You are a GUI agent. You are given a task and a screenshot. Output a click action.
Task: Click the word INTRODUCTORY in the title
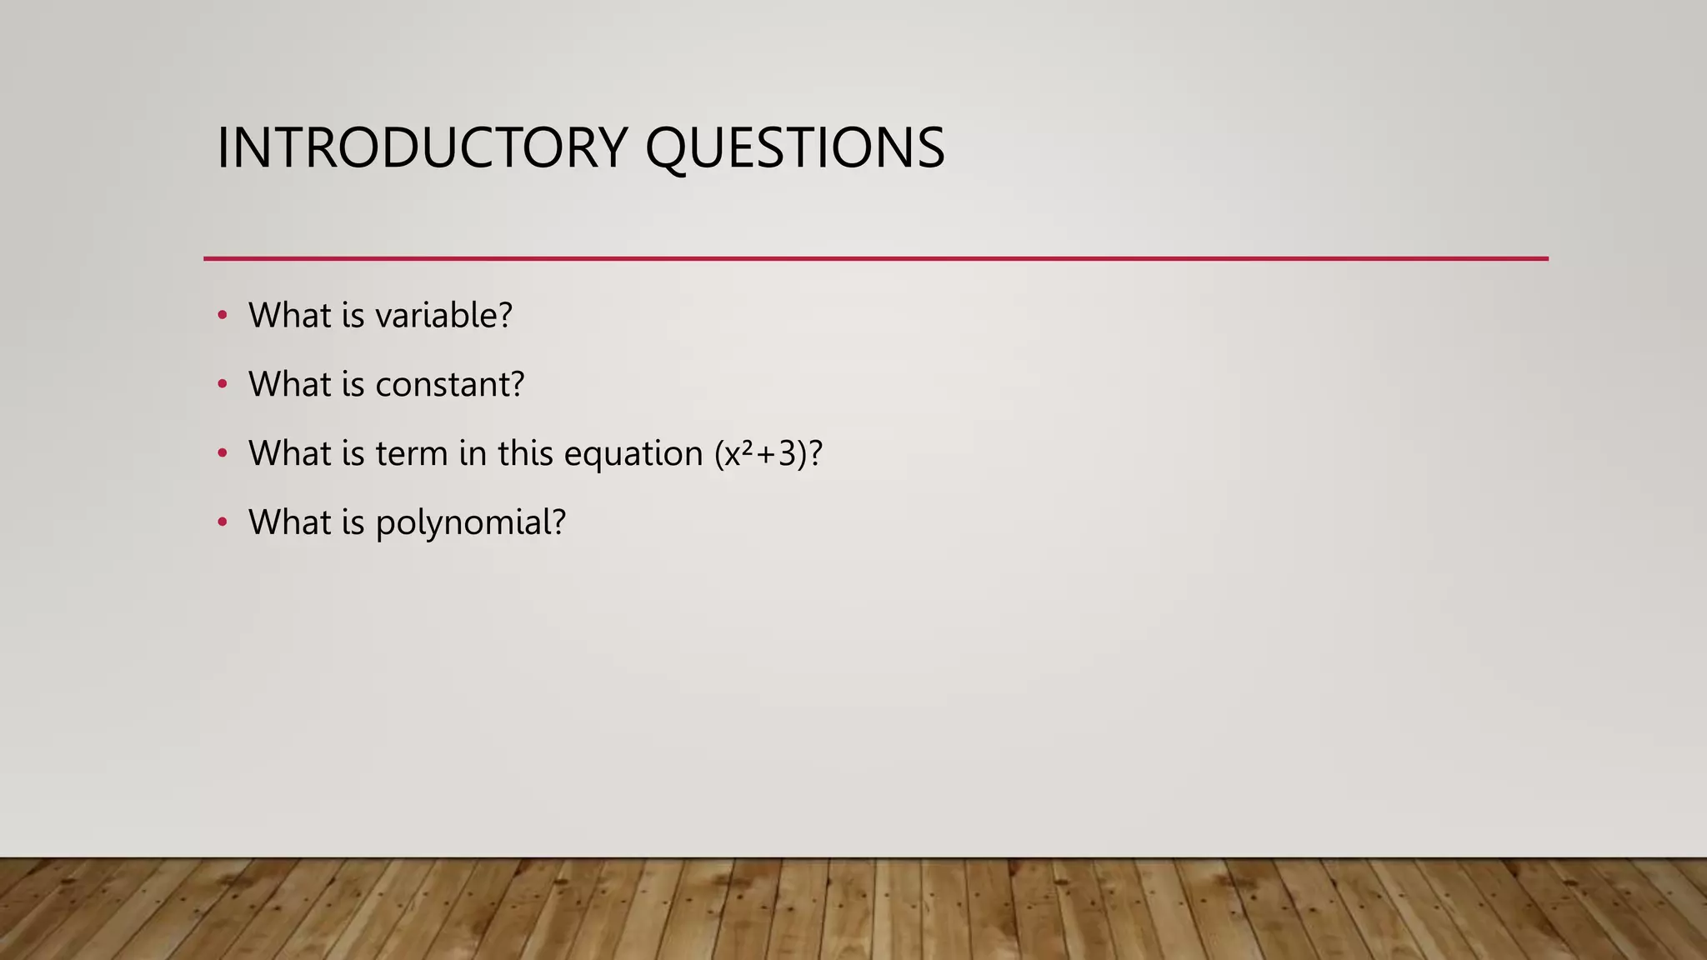[x=422, y=148]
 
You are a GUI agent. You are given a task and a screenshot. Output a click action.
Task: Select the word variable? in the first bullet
[x=443, y=316]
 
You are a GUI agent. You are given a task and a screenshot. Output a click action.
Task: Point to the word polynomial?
[x=471, y=523]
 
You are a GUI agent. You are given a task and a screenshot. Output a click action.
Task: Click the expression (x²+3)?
[x=768, y=454]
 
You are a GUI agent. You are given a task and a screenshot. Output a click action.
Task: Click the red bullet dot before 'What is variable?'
[x=222, y=315]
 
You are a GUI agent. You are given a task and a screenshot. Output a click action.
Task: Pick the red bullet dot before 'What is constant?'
[x=222, y=384]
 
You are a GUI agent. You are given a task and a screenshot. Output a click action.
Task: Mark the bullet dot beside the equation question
[x=222, y=453]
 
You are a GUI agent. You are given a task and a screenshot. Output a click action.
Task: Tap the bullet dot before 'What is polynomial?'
[x=222, y=522]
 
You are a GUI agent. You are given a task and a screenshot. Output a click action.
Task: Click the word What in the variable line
[x=289, y=316]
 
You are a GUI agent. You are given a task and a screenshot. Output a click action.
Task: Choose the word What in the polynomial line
[x=289, y=523]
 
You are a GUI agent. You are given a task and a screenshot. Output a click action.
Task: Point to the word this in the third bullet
[x=526, y=454]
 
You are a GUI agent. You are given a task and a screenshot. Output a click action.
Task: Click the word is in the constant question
[x=353, y=385]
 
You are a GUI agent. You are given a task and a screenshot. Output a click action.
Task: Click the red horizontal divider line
[x=875, y=258]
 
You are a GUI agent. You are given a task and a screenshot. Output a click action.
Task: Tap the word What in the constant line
[x=289, y=385]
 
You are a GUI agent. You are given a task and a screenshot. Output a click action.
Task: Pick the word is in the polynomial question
[x=353, y=523]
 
